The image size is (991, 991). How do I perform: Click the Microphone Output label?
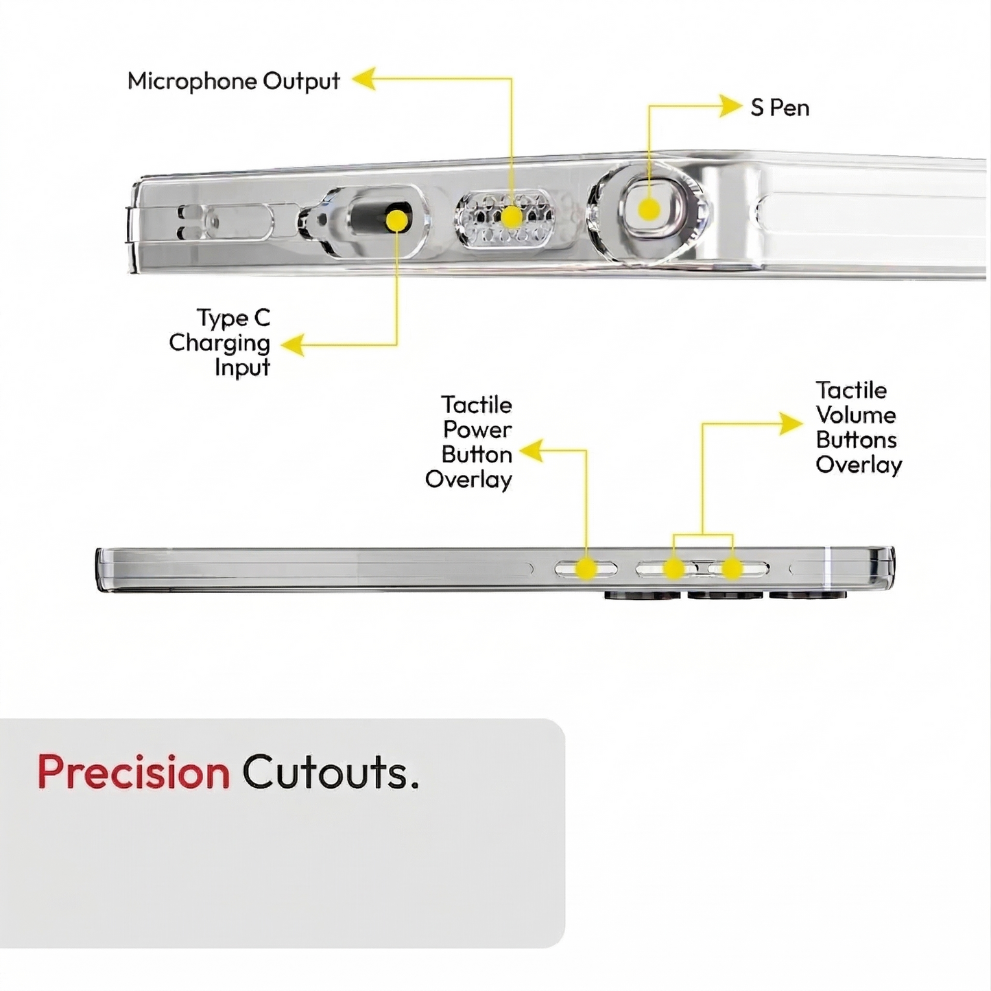(233, 81)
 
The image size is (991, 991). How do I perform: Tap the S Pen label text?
(780, 108)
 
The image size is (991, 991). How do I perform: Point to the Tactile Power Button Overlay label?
(469, 442)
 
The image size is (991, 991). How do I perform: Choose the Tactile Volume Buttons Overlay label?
(858, 428)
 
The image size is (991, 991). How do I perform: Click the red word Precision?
(133, 772)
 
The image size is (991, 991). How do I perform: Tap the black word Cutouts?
(329, 772)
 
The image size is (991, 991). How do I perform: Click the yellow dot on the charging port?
(396, 220)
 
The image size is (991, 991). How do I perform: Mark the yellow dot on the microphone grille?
(511, 218)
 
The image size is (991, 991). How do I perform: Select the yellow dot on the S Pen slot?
(648, 209)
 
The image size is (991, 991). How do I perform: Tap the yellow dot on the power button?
(586, 569)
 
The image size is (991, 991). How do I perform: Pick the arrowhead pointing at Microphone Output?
(364, 79)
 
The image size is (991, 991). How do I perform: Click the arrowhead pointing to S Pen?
(730, 106)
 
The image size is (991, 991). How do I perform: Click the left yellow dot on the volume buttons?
(673, 569)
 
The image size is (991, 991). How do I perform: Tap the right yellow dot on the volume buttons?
(732, 569)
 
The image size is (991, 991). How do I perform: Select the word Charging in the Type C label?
(219, 342)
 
